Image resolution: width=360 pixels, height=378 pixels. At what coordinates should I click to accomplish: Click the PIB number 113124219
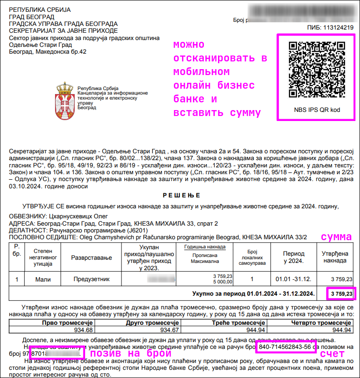(337, 28)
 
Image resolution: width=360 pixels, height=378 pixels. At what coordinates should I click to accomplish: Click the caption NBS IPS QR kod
(317, 110)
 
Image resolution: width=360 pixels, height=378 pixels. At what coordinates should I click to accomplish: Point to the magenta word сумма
(336, 237)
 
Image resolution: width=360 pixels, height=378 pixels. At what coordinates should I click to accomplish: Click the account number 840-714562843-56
(285, 347)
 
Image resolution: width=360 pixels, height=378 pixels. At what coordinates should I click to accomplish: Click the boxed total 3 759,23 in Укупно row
(341, 294)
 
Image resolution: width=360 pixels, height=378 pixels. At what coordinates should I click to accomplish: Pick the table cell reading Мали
(43, 279)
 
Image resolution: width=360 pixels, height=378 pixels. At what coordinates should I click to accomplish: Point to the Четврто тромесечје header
(322, 323)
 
